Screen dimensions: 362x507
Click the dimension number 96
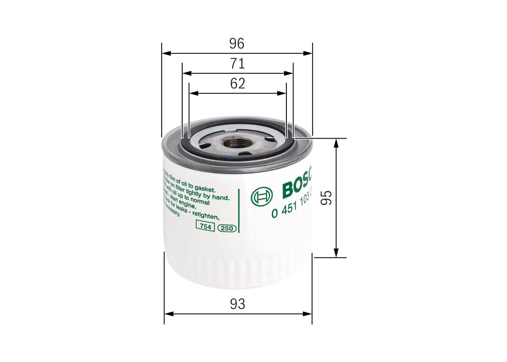pos(237,44)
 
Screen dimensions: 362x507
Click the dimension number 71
pos(238,63)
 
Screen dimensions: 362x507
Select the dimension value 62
pos(238,84)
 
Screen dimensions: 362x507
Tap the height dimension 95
pos(326,198)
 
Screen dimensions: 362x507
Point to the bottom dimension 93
pos(238,304)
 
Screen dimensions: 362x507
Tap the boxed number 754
pos(205,227)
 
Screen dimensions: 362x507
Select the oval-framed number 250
pos(227,228)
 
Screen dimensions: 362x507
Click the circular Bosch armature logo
pos(262,196)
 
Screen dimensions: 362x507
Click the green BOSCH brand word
pos(297,186)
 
